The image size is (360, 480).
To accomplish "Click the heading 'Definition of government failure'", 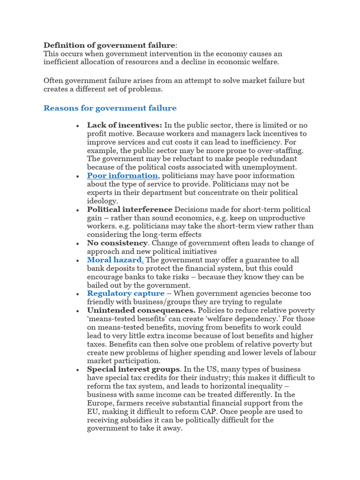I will coord(109,45).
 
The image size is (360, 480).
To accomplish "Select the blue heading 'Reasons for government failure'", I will coord(110,108).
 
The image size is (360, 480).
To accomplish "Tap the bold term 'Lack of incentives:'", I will coord(124,125).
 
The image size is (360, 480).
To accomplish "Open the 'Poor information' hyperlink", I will coord(122,176).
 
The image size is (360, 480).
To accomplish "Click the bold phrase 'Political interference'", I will coord(129,210).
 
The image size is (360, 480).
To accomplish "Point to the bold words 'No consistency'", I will coord(117,243).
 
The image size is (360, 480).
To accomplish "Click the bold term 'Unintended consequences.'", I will coord(141,311).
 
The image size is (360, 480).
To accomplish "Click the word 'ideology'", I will coord(102,201).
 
